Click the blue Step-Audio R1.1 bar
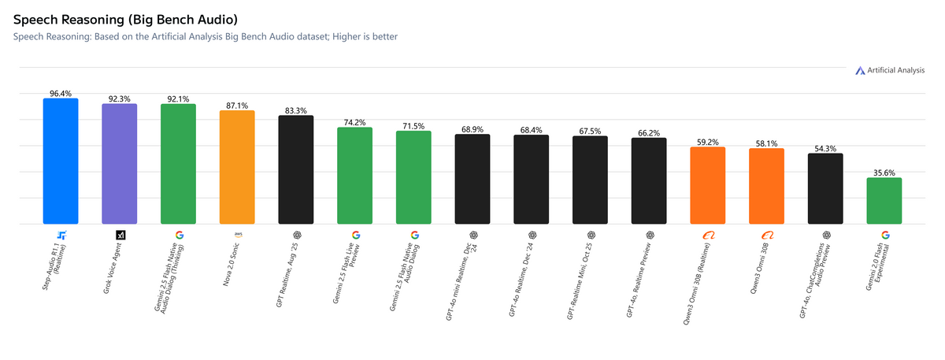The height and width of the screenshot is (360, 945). click(61, 161)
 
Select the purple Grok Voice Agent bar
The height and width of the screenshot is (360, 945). click(120, 164)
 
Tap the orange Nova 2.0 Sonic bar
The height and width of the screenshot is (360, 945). click(237, 167)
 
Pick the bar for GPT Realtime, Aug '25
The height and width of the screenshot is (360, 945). click(296, 170)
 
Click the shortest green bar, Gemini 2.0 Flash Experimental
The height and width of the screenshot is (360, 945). click(884, 201)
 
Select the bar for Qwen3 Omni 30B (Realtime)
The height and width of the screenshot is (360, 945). click(708, 186)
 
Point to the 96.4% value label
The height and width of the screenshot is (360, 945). click(61, 93)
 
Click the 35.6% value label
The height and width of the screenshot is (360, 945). click(884, 173)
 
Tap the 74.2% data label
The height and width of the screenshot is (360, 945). click(355, 122)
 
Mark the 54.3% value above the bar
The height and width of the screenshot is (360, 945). click(825, 148)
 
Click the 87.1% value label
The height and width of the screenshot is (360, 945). click(237, 105)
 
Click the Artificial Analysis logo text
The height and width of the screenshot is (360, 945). click(895, 71)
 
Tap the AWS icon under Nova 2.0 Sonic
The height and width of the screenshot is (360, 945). click(237, 235)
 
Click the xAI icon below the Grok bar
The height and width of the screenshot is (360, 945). click(120, 235)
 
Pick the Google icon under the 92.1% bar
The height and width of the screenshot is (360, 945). click(179, 235)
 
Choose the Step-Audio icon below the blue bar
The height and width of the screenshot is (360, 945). click(61, 235)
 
